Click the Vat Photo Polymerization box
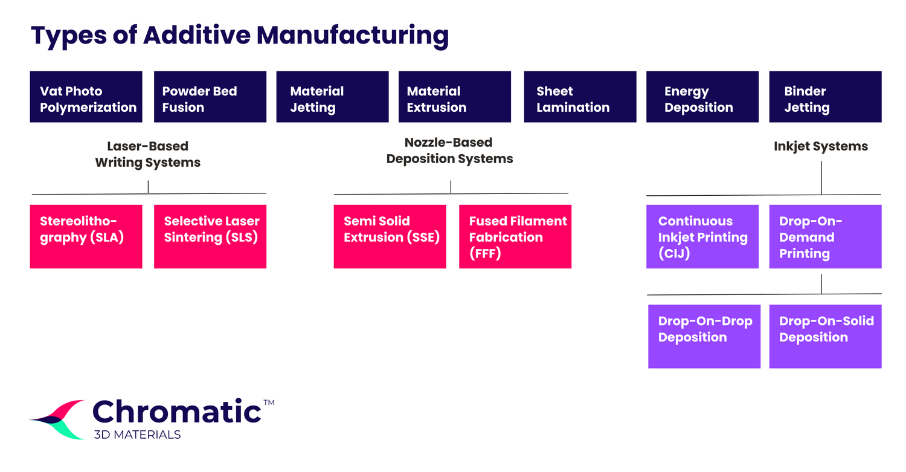[x=86, y=97]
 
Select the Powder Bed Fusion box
[x=210, y=97]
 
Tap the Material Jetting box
[x=332, y=97]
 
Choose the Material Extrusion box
[x=455, y=97]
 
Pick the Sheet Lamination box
[x=580, y=97]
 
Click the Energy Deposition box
[x=702, y=97]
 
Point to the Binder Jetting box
[x=825, y=97]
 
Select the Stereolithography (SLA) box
[x=86, y=236]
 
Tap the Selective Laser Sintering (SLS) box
[x=210, y=236]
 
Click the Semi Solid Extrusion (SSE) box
[x=390, y=236]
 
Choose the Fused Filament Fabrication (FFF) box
[x=515, y=236]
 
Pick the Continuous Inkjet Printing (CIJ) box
[x=702, y=236]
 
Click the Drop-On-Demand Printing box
[x=825, y=236]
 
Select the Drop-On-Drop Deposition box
[x=704, y=336]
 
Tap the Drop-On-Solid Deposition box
[x=825, y=336]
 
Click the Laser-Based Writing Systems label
[x=148, y=154]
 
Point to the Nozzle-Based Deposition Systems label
[x=449, y=150]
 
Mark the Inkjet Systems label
[x=821, y=146]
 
